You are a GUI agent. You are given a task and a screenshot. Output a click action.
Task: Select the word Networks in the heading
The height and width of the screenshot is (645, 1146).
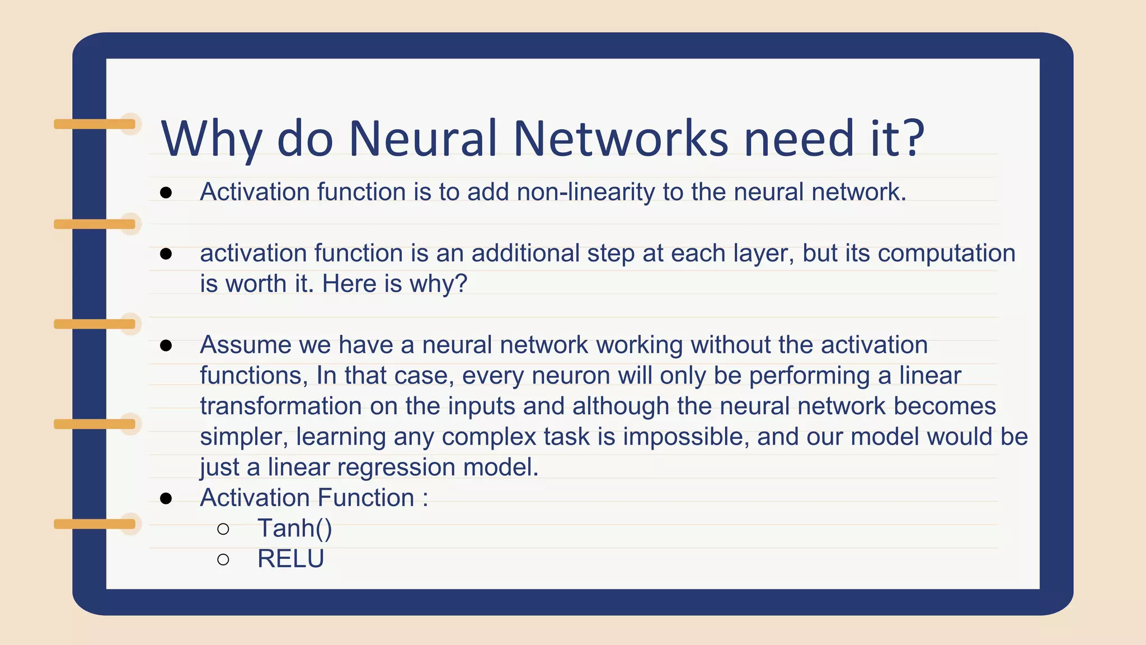tap(621, 138)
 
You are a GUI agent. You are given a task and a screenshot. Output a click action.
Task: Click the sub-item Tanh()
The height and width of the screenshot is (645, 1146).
tap(294, 529)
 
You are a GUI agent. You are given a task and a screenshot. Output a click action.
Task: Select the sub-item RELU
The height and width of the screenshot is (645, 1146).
tap(290, 559)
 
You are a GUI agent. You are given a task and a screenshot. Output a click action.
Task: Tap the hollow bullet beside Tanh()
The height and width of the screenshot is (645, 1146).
tap(223, 529)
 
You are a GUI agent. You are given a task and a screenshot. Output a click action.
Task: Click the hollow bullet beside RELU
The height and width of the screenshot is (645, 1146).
tap(223, 559)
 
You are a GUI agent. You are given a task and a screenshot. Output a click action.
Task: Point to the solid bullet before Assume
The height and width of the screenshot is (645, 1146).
tap(166, 345)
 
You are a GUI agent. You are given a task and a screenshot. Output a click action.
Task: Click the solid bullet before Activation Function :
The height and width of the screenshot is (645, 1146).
tap(166, 498)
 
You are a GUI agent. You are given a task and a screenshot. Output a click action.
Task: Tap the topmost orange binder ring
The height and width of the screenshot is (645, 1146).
tap(95, 124)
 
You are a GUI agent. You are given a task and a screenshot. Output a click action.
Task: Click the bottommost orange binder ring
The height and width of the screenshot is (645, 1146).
tap(95, 524)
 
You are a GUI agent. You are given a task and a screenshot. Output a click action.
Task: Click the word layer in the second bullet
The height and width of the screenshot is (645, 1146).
tap(766, 253)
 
